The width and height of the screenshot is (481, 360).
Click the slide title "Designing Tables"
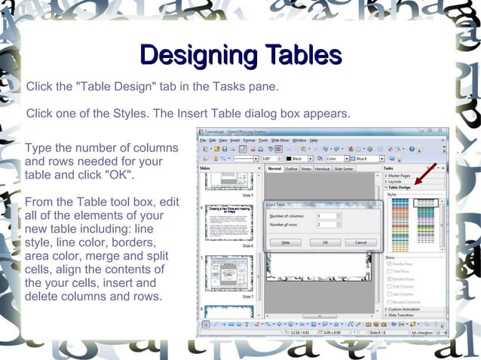pyautogui.click(x=240, y=55)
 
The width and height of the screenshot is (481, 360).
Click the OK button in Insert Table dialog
pyautogui.click(x=325, y=243)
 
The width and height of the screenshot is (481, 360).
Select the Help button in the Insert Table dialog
pyautogui.click(x=286, y=243)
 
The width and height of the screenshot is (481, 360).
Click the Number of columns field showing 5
pyautogui.click(x=327, y=215)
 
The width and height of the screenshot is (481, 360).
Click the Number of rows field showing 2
pyautogui.click(x=327, y=224)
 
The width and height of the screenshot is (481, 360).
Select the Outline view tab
pyautogui.click(x=291, y=169)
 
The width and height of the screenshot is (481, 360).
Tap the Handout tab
pyautogui.click(x=323, y=169)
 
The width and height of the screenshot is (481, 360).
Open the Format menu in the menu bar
pyautogui.click(x=250, y=140)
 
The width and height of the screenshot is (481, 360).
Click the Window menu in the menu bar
pyautogui.click(x=299, y=140)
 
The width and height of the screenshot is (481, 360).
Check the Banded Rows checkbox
pyautogui.click(x=388, y=279)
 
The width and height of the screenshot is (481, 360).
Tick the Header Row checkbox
pyautogui.click(x=388, y=264)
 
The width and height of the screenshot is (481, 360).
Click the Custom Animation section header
pyautogui.click(x=406, y=309)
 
